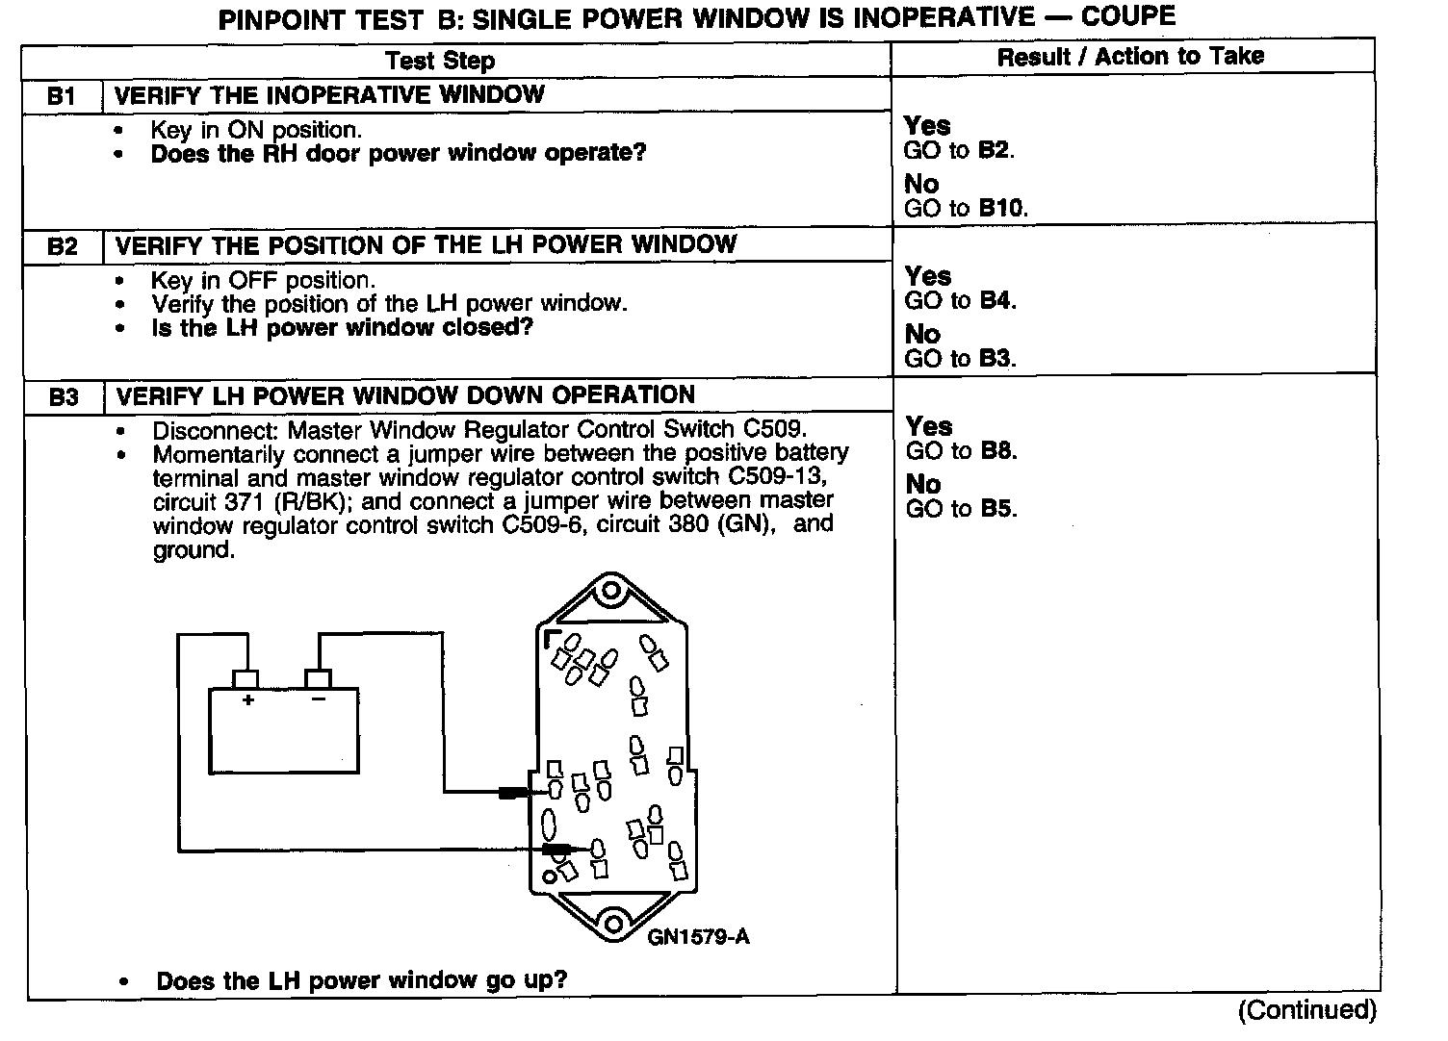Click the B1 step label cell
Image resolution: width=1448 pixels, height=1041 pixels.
(x=62, y=96)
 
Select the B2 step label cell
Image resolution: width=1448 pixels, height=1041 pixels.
(x=63, y=246)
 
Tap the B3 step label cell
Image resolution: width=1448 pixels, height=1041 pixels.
(x=64, y=396)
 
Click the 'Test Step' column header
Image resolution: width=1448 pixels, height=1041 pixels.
(x=440, y=61)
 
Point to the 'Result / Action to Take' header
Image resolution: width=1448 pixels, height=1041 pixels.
(x=1130, y=57)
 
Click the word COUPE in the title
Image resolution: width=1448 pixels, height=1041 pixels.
(x=1128, y=16)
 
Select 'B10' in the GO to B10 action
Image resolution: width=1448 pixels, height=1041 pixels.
(x=1002, y=208)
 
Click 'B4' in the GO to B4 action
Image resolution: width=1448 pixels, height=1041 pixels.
(x=996, y=300)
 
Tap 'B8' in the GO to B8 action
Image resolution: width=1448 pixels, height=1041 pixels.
(x=997, y=450)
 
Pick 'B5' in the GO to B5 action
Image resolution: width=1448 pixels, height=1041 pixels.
(x=997, y=508)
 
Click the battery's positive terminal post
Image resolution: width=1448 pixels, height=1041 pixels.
(x=246, y=679)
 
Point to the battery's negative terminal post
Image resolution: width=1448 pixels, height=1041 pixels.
(x=318, y=679)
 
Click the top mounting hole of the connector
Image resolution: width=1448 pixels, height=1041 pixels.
(x=609, y=590)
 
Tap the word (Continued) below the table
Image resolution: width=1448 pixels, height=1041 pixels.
(x=1307, y=1010)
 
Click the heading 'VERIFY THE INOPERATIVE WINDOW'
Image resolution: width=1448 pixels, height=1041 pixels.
(x=329, y=95)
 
